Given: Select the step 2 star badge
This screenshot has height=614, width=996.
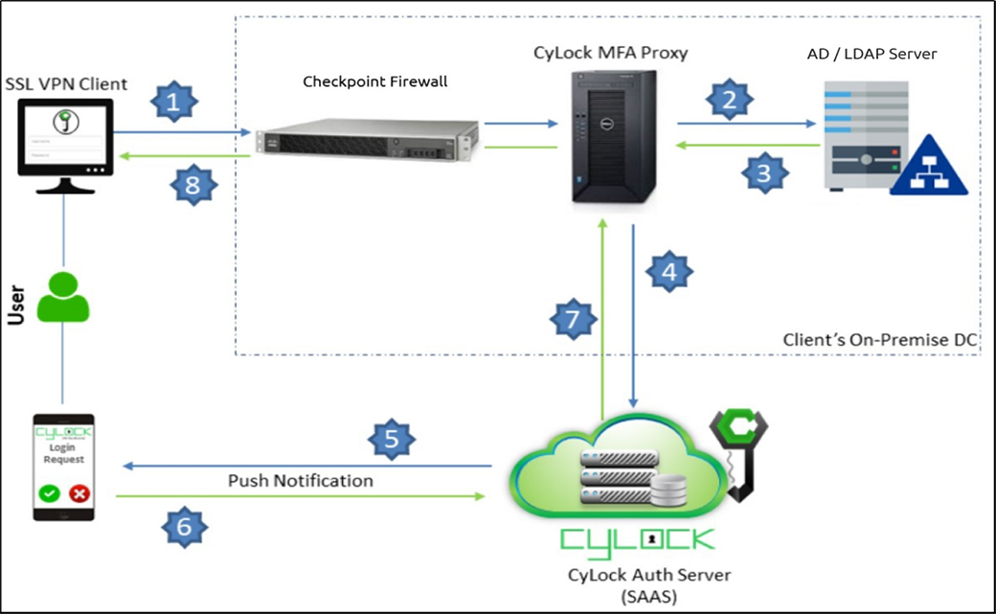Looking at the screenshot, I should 731,100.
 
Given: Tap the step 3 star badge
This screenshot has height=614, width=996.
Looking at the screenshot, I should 763,173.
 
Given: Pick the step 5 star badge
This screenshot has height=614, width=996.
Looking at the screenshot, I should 392,440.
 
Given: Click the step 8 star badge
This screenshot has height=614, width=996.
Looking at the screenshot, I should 194,186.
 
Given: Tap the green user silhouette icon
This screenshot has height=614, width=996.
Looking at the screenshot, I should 63,297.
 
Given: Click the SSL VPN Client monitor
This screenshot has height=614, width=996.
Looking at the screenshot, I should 64,144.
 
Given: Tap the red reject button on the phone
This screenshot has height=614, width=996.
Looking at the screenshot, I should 80,495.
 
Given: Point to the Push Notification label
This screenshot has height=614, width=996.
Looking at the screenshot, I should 301,480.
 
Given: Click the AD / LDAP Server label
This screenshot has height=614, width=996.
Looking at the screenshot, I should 871,54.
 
